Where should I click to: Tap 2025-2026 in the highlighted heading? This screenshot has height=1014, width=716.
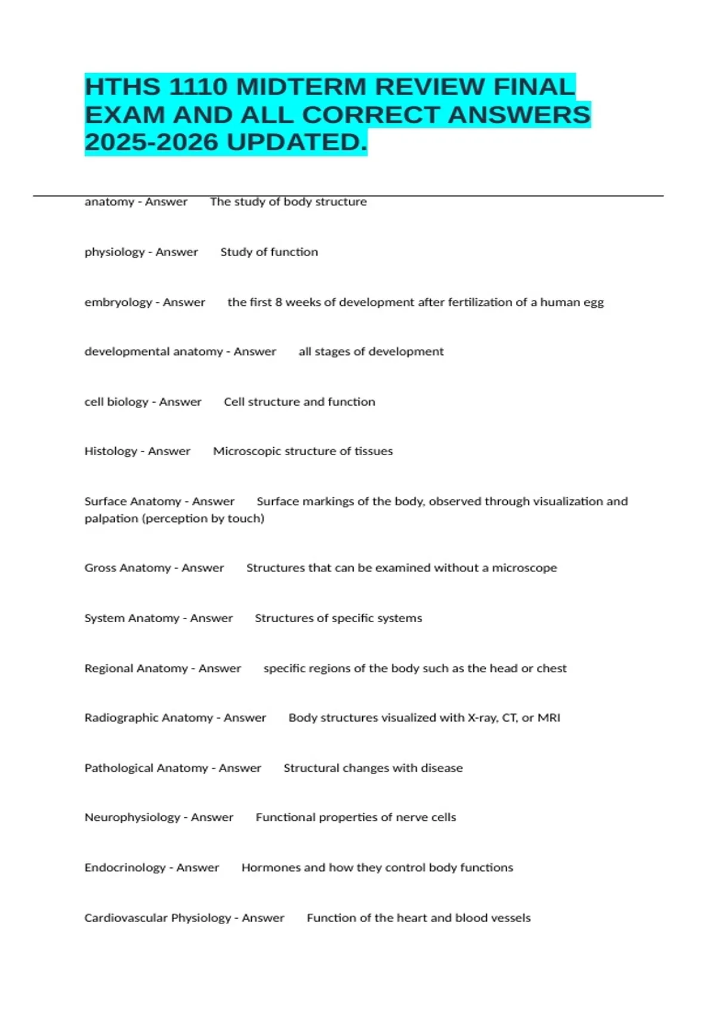pos(152,143)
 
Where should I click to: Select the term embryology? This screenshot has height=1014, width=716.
pos(118,302)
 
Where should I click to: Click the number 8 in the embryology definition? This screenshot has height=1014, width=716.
pos(278,302)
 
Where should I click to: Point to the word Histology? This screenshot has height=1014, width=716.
pos(110,452)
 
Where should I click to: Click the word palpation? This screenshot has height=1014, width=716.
pos(111,519)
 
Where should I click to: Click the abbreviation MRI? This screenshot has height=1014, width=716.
pos(549,718)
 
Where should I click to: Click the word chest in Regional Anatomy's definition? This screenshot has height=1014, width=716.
pos(551,669)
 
